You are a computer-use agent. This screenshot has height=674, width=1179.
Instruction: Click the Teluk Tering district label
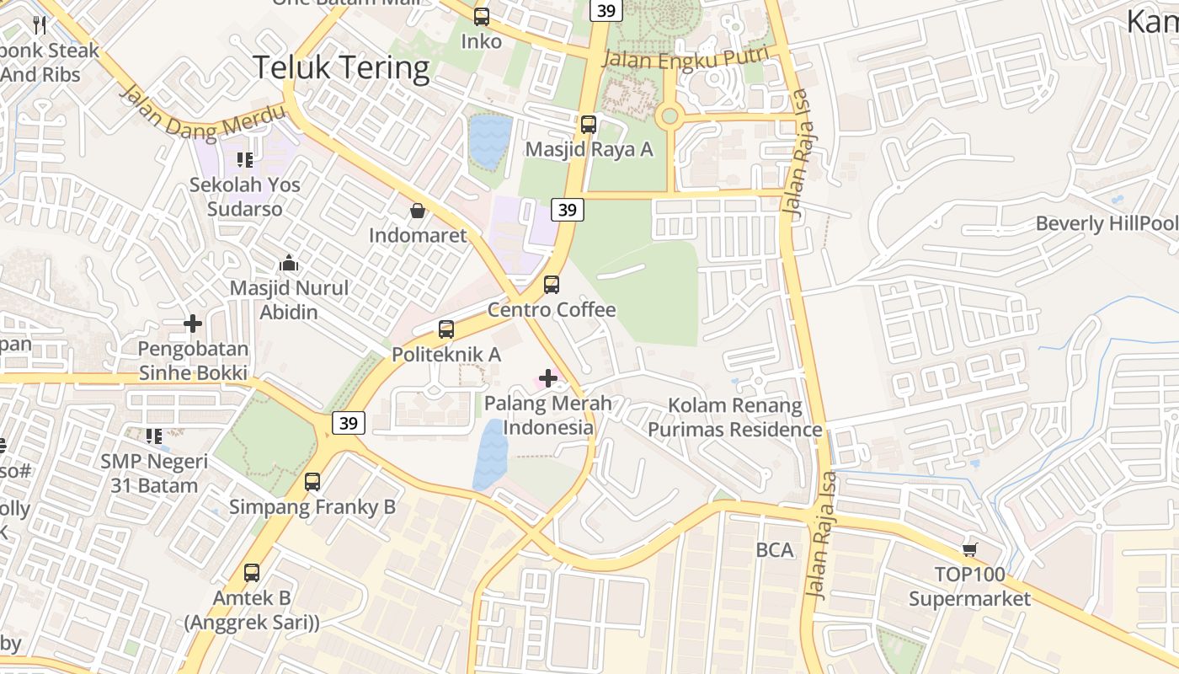click(341, 67)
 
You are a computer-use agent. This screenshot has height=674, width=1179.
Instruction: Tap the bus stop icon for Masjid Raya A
click(589, 125)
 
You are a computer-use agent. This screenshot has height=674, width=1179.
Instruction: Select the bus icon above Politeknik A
click(446, 329)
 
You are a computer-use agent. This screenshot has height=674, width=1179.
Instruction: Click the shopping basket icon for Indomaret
click(418, 210)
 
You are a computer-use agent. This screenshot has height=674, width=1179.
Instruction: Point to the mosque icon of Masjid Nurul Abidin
click(289, 263)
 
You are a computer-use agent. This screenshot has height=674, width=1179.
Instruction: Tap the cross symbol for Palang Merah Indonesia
click(548, 378)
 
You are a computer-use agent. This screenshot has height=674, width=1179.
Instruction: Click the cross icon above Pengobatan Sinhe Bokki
click(193, 324)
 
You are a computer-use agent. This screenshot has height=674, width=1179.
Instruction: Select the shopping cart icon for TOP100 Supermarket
click(970, 549)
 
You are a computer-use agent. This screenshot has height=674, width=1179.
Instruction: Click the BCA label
click(775, 550)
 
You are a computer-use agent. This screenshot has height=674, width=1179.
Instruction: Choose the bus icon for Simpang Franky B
click(312, 482)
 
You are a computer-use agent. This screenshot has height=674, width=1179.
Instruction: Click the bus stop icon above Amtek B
click(251, 573)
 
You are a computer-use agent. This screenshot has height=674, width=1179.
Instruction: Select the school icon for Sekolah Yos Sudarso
click(245, 159)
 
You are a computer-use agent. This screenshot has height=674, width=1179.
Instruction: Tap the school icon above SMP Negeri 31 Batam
click(154, 436)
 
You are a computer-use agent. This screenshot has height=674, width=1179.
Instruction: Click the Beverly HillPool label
click(1106, 223)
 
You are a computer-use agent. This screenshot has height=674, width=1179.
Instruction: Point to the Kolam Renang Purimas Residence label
click(734, 417)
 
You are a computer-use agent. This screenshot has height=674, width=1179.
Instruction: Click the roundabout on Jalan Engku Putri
click(670, 116)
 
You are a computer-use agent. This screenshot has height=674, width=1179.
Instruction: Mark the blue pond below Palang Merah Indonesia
click(491, 455)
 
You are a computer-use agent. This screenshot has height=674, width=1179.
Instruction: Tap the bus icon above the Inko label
click(482, 16)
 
